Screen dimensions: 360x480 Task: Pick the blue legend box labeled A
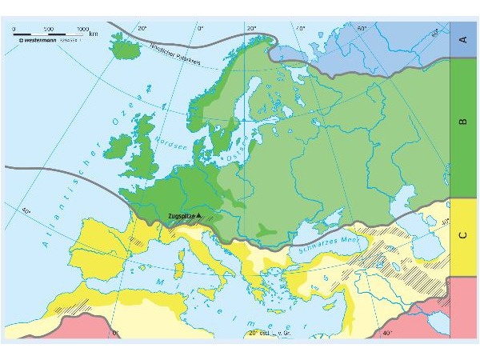pos(462,38)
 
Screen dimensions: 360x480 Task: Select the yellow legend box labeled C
pos(462,236)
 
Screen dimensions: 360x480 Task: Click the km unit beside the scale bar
pos(94,34)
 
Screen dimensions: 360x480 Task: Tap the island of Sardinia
pos(178,263)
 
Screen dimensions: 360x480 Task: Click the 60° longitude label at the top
pos(362,29)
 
